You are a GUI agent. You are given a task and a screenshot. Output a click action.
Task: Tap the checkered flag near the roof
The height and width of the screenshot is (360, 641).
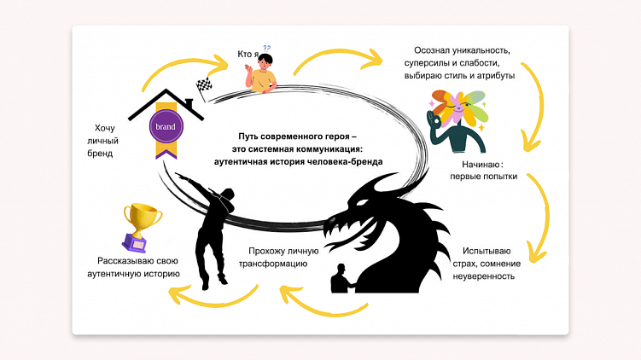pos(204,84)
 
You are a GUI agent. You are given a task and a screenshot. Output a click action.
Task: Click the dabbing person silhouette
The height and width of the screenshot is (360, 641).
pos(209,226)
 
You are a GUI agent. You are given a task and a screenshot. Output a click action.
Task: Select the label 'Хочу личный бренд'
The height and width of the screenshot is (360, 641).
pos(99,142)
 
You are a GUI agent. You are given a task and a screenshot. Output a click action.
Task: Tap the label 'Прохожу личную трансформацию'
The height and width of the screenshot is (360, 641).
pos(283,258)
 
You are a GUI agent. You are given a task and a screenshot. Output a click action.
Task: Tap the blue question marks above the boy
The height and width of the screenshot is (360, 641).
pos(266,49)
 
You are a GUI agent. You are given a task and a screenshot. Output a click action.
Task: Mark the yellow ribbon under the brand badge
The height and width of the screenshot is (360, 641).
pos(165,151)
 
